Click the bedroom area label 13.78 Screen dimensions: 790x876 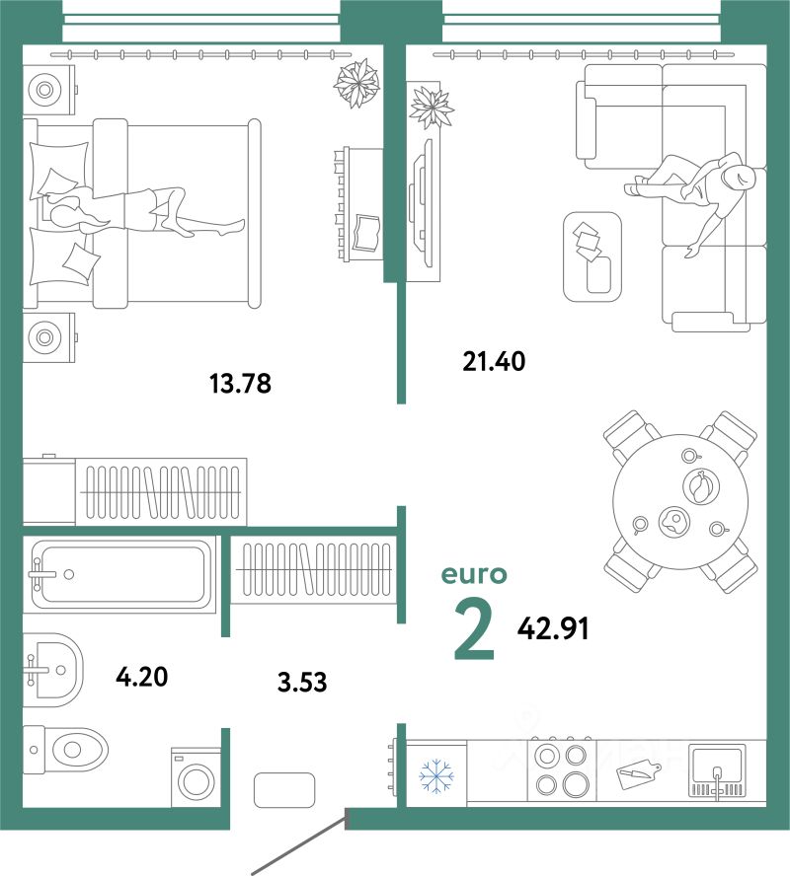click(x=240, y=384)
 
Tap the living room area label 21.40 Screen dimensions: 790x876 click(x=494, y=361)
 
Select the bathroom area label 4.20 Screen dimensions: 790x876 click(x=141, y=677)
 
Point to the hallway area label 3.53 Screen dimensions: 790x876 click(x=302, y=682)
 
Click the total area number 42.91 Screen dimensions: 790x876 click(x=553, y=629)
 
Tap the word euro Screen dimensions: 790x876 click(x=474, y=574)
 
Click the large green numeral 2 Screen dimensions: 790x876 click(x=474, y=628)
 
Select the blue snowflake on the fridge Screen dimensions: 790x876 click(x=436, y=774)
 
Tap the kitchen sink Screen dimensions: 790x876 click(x=717, y=770)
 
